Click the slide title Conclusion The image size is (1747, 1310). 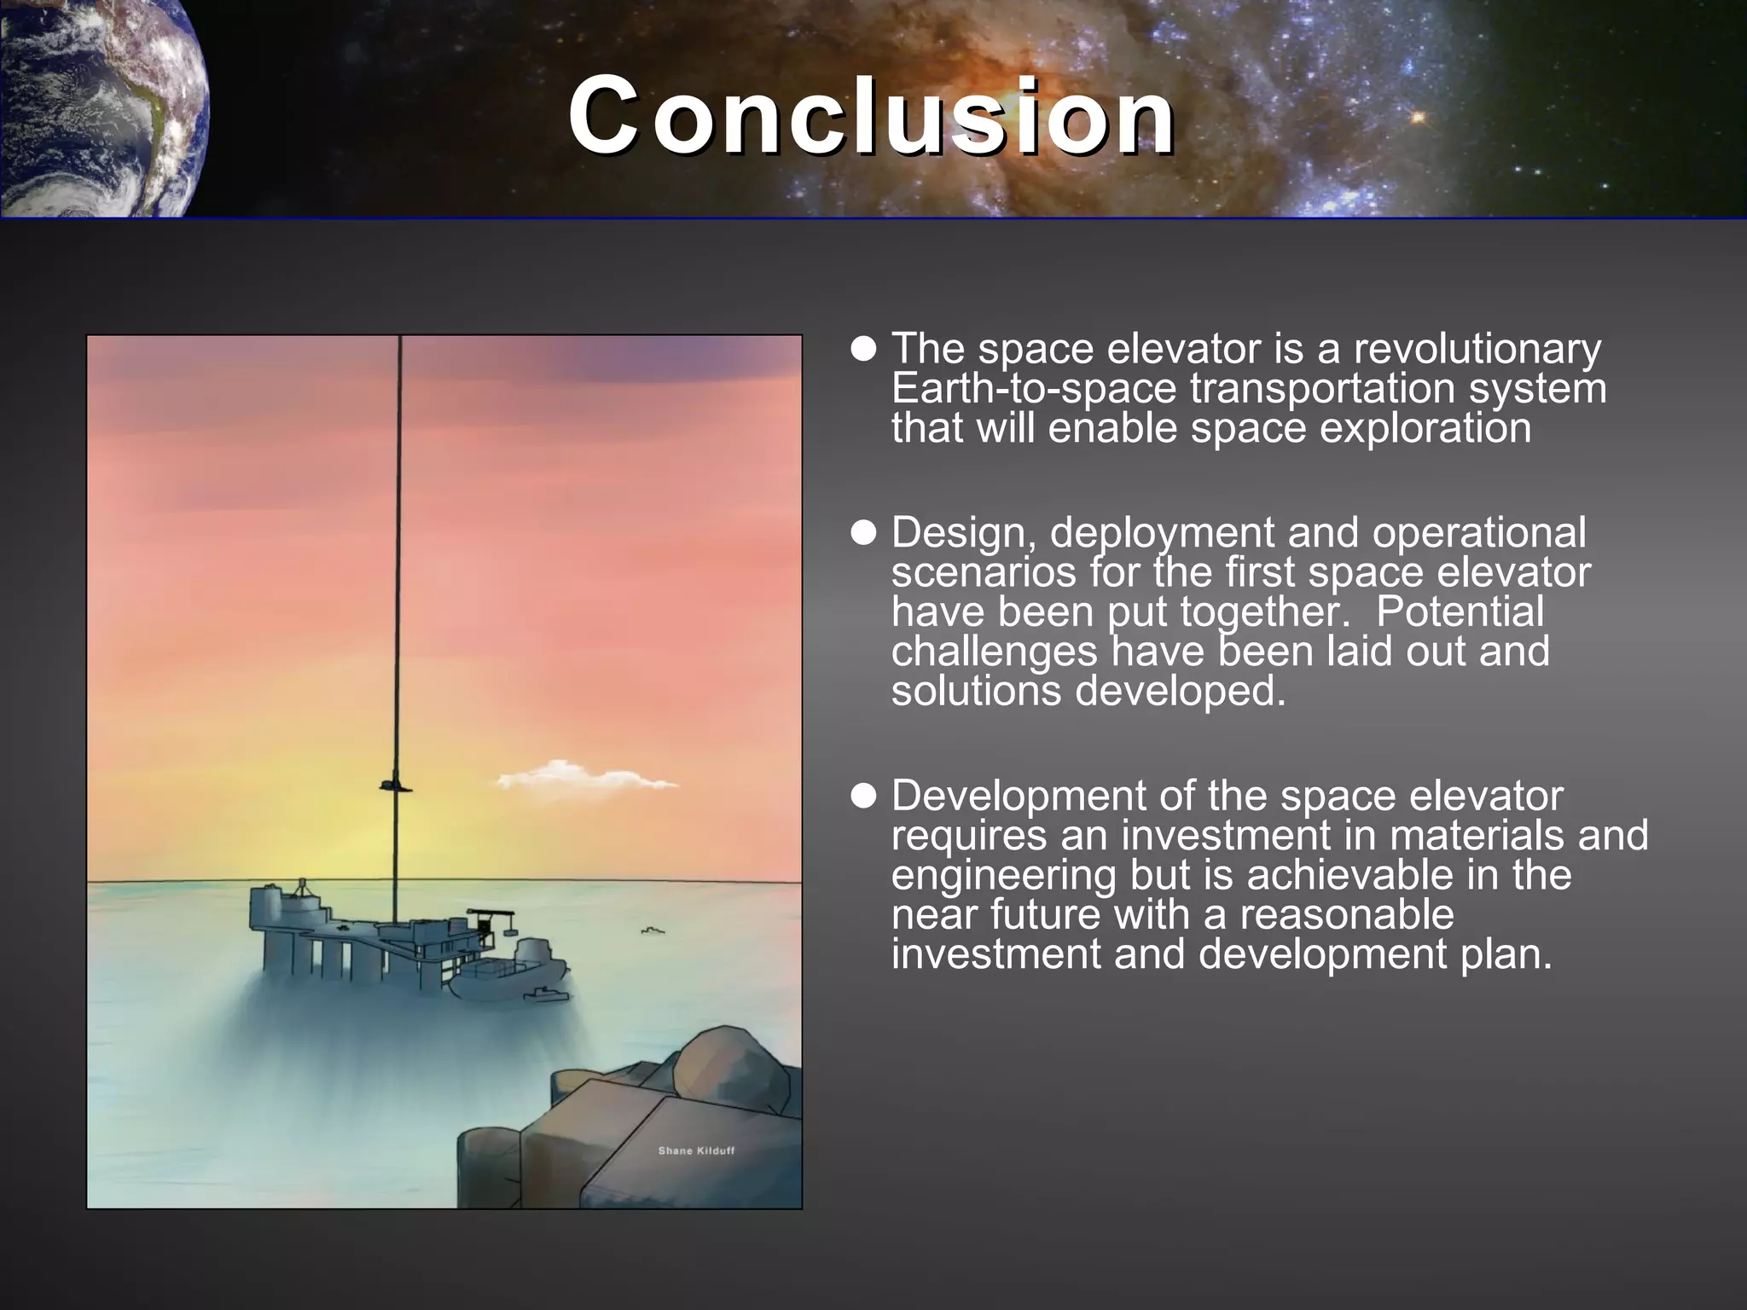tap(872, 116)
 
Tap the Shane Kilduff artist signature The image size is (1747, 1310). tap(696, 1151)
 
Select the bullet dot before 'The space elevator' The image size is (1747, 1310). tap(864, 349)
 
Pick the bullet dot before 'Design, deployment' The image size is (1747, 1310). tap(864, 533)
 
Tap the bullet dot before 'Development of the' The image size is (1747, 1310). tap(864, 797)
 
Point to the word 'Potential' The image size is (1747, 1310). tap(1460, 612)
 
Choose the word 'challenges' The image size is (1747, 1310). tap(994, 652)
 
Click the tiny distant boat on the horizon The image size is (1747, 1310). tap(653, 930)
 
